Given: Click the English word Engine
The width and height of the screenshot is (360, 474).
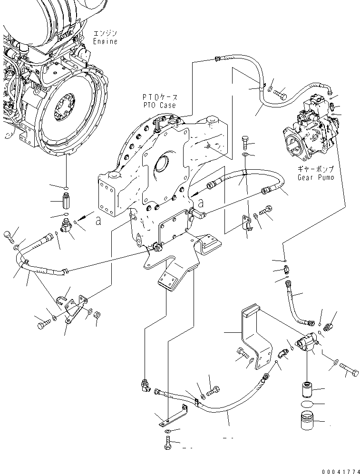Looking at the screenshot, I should click(105, 42).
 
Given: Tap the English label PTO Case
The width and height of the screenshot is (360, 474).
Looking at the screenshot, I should click(158, 105).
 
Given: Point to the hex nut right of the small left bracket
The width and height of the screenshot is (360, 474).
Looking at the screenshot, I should click(97, 314).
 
